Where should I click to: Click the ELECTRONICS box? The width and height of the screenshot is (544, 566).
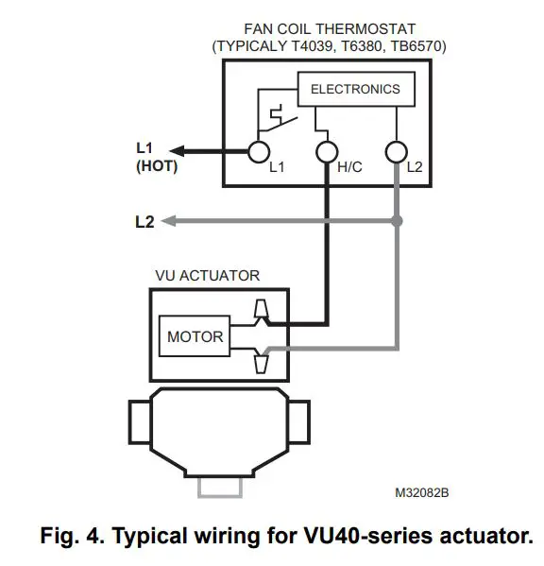(355, 90)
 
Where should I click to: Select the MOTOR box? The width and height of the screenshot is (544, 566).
(195, 335)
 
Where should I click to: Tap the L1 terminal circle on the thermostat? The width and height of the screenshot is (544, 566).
(256, 150)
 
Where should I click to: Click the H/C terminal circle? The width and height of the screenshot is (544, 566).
(326, 150)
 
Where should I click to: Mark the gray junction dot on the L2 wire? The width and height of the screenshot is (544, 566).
(397, 222)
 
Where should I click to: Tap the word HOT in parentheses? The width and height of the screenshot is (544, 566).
(156, 166)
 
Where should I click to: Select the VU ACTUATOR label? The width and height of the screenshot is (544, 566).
(207, 276)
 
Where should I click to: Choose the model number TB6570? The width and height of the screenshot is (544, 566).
(431, 45)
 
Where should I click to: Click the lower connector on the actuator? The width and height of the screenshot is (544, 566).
(262, 360)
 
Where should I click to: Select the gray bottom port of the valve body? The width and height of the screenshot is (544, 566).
(220, 487)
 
